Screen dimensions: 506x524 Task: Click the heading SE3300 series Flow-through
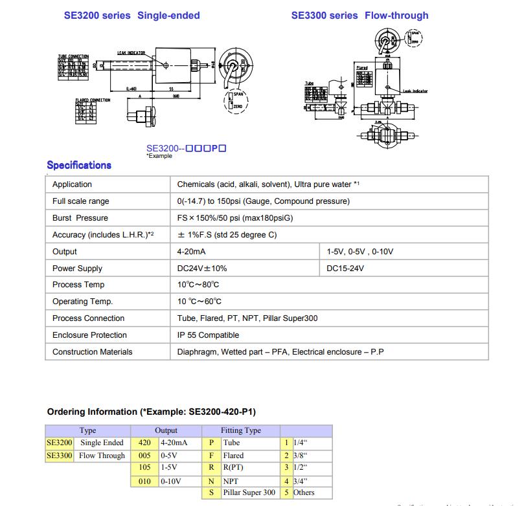359,15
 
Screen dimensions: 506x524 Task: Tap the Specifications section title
79,165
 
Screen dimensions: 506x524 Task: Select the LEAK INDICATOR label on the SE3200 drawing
131,52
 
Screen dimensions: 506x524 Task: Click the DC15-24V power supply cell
345,269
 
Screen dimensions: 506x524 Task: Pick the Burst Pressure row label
80,218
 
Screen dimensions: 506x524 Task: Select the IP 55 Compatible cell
208,335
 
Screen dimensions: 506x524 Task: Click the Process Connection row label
88,318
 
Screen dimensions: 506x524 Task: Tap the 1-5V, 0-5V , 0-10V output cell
360,252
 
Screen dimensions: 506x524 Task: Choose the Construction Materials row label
92,352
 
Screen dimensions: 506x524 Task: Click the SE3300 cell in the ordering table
60,456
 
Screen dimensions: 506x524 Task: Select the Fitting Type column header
240,430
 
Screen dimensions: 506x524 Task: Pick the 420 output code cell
144,443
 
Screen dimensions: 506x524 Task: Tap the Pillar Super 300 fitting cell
249,493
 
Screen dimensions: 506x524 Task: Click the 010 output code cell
144,481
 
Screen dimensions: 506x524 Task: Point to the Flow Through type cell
102,456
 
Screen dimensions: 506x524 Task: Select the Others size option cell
304,493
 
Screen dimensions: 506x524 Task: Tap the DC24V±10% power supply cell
202,269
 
